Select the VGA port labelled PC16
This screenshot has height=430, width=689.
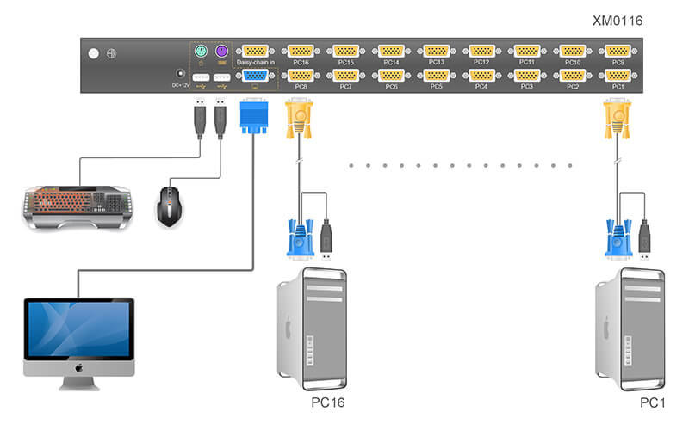pos(301,51)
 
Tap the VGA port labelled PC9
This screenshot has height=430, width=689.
pos(618,51)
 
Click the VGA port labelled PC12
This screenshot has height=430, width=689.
pos(482,51)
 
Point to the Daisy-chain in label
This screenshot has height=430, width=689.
pos(256,63)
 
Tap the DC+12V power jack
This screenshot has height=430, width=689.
pos(181,75)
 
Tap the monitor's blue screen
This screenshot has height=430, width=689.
pos(78,329)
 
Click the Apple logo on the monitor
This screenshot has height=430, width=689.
pos(78,368)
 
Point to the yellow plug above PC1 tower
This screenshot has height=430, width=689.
pos(618,116)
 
